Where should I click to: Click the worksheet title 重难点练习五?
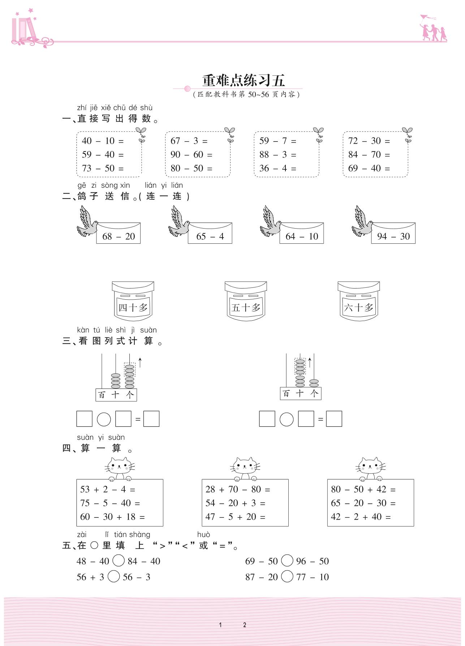click(244, 80)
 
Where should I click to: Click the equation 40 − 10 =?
click(103, 141)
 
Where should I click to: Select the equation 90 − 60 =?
click(191, 155)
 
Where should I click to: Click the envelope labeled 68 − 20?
click(119, 234)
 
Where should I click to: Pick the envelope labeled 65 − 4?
click(210, 234)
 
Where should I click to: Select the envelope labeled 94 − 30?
click(393, 234)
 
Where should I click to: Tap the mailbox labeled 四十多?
click(133, 301)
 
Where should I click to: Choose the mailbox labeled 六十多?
click(358, 301)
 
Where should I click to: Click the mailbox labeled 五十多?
click(246, 301)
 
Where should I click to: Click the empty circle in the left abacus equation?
click(104, 419)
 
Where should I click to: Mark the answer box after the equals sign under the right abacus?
click(334, 419)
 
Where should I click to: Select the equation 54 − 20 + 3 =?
click(235, 503)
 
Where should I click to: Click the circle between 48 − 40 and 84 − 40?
click(119, 561)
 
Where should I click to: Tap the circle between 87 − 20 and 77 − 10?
click(287, 576)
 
